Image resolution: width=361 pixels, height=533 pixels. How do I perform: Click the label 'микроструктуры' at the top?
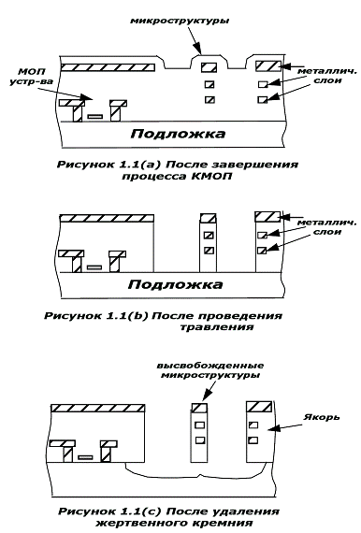coord(180,21)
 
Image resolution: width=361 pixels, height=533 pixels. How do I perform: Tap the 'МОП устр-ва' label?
coord(31,77)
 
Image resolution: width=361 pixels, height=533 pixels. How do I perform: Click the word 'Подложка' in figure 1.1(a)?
coord(178,134)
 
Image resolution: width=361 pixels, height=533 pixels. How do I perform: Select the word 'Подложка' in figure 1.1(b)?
coord(176,284)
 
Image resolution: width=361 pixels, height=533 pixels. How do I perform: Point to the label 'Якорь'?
coord(321,417)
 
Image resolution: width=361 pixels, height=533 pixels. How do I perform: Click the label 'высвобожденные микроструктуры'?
coord(210,370)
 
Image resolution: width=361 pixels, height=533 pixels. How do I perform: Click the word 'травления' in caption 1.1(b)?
coord(217,327)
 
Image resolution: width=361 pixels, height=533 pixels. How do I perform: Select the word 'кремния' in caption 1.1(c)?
coord(224,523)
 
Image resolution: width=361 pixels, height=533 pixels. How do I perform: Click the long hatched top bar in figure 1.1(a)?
coord(108,67)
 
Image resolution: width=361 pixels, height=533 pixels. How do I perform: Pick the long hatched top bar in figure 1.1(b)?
coord(107,218)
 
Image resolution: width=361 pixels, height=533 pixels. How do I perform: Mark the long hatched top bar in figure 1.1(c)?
coord(98,409)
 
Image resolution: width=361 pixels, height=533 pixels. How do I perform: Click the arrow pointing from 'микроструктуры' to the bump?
coord(194,41)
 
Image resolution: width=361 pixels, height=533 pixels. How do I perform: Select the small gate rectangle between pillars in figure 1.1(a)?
coord(94,116)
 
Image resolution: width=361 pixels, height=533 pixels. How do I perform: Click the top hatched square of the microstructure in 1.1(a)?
coord(209,67)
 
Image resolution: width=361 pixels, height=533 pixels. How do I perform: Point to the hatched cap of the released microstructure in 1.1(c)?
coord(199,408)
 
